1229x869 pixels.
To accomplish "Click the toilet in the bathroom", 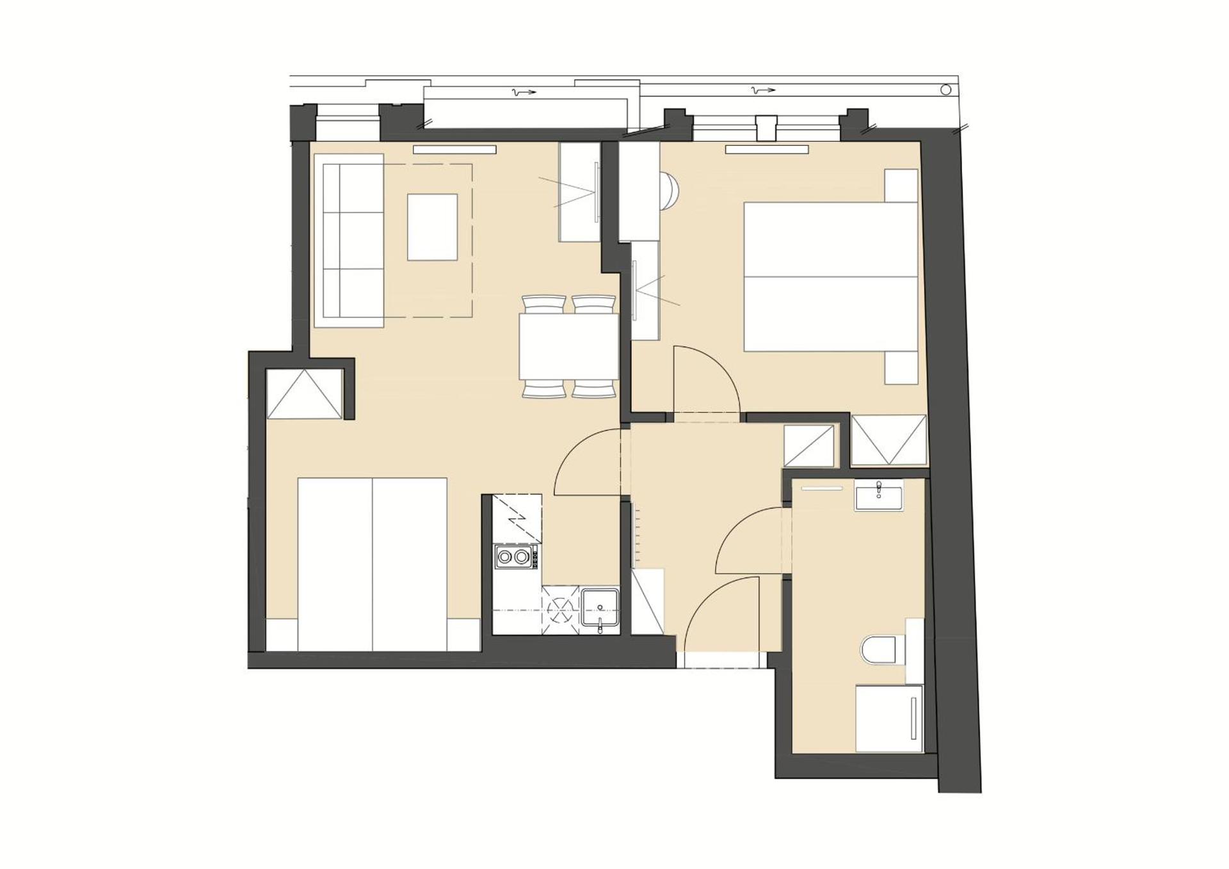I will [x=882, y=651].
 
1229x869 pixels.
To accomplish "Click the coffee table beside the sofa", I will [x=432, y=227].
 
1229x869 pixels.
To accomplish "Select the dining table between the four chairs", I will [x=568, y=346].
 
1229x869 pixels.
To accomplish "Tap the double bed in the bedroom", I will [x=830, y=276].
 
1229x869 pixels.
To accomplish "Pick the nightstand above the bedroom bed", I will [x=901, y=186].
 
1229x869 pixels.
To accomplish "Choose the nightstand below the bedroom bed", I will [x=901, y=367].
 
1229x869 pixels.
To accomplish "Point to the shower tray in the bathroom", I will [x=889, y=719].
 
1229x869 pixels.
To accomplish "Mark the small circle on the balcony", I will [x=945, y=90].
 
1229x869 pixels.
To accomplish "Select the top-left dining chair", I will [x=543, y=304].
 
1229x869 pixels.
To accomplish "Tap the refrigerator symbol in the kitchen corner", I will [x=517, y=518].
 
